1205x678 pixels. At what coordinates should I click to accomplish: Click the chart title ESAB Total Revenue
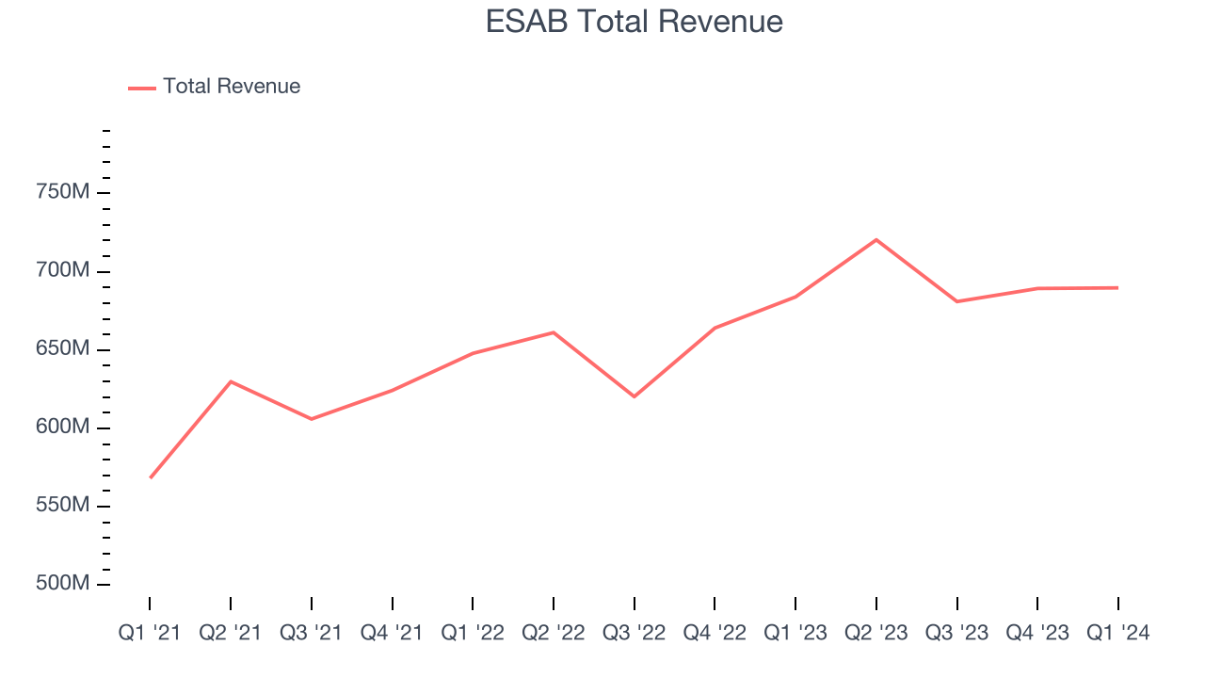pos(634,22)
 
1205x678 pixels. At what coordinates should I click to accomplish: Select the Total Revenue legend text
pos(232,87)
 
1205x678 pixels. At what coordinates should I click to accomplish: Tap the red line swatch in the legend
pos(142,88)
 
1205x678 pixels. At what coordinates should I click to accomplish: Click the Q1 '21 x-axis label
pos(150,634)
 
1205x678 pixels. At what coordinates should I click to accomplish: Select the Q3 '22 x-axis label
pos(634,634)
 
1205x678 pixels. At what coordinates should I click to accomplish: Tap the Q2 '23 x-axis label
pos(876,634)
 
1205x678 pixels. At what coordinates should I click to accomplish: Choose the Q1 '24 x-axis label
pos(1117,634)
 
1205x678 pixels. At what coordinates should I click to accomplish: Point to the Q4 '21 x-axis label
pos(392,634)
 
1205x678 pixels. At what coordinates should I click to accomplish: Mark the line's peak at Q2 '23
pos(876,239)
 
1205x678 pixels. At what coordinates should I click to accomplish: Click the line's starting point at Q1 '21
pos(151,477)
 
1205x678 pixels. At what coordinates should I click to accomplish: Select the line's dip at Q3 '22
pos(634,396)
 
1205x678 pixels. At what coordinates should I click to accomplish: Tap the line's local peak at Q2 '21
pos(231,381)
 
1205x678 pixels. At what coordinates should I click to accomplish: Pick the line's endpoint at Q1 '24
pos(1117,287)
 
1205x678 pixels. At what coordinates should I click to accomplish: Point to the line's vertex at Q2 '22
pos(554,332)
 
